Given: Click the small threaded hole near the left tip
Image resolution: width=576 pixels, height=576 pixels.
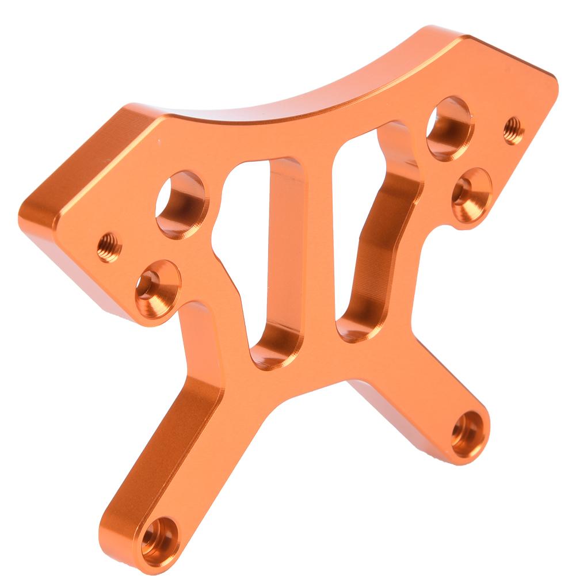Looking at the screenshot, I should (x=109, y=246).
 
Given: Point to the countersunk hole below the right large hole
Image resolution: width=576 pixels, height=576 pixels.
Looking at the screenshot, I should (x=470, y=194).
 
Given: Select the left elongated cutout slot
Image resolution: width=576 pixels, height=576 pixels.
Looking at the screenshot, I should (x=259, y=253).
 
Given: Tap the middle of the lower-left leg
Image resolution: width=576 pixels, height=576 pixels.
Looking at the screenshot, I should (x=173, y=437).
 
